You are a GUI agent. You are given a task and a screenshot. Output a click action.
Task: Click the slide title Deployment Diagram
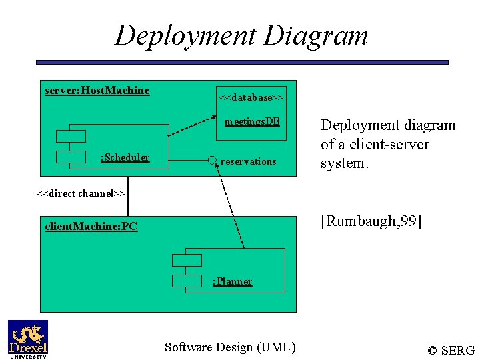tap(241, 35)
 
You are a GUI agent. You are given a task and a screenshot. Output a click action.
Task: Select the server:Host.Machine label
tap(97, 91)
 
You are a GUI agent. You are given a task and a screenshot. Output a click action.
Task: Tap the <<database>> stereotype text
tap(251, 97)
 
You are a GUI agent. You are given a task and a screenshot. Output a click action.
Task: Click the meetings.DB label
tap(252, 121)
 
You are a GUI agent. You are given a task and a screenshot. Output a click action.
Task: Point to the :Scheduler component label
tap(124, 157)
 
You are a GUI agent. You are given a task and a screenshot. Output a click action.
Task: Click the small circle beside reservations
tap(212, 160)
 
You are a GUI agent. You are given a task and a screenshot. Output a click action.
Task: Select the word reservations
tap(248, 161)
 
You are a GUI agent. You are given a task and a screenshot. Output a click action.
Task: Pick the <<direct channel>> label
tap(80, 193)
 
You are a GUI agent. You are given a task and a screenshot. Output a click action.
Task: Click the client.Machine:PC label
tap(91, 227)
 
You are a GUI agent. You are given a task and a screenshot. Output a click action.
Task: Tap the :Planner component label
tap(231, 281)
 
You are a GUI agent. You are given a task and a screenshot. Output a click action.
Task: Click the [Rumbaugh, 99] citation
tap(371, 221)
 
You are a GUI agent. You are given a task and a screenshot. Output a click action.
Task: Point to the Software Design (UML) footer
tap(230, 347)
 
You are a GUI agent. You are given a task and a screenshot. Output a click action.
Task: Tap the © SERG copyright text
tap(451, 350)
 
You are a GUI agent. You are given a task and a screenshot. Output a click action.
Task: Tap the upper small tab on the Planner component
tap(186, 260)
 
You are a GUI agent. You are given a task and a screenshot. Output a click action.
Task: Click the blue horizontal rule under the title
tap(241, 62)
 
